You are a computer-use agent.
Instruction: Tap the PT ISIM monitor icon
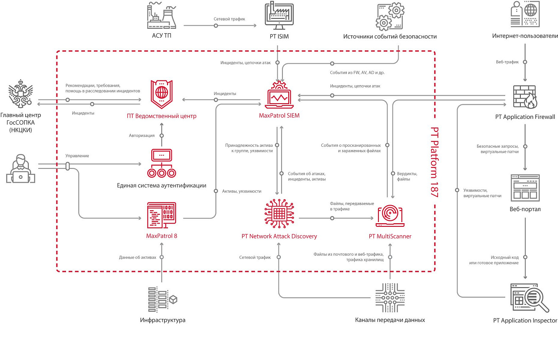[279, 16]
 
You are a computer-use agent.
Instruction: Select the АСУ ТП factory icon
[162, 16]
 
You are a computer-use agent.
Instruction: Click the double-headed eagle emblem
[21, 94]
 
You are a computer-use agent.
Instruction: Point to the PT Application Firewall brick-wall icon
[525, 97]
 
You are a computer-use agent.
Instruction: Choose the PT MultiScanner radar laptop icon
[390, 216]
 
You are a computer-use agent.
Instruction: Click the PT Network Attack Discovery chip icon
[279, 214]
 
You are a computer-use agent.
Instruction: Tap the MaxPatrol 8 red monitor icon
[162, 215]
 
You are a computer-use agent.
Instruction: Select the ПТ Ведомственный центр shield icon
[162, 94]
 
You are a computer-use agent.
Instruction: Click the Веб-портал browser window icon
[525, 188]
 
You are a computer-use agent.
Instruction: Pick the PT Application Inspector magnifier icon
[530, 298]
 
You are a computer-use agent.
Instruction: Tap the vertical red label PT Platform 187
[434, 162]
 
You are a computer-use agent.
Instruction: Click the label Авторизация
[142, 136]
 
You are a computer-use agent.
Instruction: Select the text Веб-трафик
[507, 62]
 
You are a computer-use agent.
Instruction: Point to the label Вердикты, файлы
[407, 176]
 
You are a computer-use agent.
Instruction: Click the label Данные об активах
[138, 257]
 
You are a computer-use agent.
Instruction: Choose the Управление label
[77, 156]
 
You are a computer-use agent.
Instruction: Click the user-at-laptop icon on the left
[21, 169]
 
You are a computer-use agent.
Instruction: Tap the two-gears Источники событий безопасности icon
[390, 16]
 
